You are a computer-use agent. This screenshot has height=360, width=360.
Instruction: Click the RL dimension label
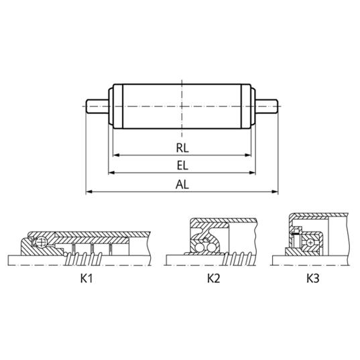(x=182, y=148)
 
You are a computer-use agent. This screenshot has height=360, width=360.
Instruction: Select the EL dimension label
(x=182, y=166)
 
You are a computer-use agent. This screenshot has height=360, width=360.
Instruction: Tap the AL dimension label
(x=182, y=184)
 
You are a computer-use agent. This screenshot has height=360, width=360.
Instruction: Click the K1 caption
(x=86, y=278)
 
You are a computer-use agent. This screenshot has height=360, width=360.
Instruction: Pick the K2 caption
(x=214, y=278)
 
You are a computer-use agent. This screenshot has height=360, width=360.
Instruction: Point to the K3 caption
(x=312, y=278)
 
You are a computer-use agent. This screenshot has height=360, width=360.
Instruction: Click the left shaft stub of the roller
(x=97, y=107)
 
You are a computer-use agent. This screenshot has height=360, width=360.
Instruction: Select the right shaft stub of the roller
(x=267, y=107)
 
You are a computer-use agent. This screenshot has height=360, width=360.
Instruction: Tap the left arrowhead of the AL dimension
(x=89, y=192)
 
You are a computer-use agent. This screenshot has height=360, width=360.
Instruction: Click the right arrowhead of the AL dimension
(x=275, y=192)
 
